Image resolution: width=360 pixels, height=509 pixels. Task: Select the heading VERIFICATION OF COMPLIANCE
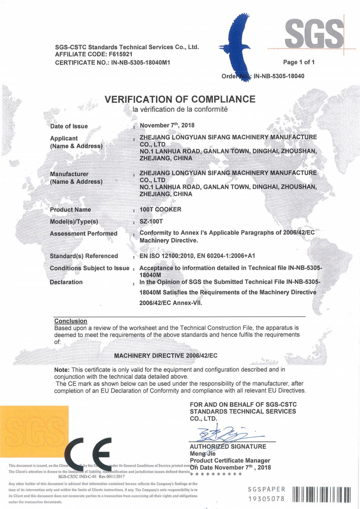click(x=180, y=99)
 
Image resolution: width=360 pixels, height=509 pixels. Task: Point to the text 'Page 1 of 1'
click(x=299, y=62)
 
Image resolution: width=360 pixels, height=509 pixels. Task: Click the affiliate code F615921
click(x=119, y=54)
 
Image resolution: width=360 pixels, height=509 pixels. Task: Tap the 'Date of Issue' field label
click(x=69, y=126)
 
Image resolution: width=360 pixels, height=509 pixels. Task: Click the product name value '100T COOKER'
click(x=160, y=209)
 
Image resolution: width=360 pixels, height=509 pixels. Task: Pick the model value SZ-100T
click(x=151, y=222)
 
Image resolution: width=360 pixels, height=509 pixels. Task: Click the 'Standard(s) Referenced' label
click(x=84, y=256)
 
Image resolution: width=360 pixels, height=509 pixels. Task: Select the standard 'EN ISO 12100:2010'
click(x=167, y=256)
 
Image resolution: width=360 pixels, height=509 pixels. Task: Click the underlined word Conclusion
click(x=71, y=321)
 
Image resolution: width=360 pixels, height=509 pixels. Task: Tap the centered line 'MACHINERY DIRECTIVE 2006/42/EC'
click(x=166, y=356)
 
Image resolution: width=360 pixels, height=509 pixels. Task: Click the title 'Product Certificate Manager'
click(x=230, y=460)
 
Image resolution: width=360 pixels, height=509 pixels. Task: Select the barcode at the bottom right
click(x=321, y=494)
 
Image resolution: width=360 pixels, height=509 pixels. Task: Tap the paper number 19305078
click(x=266, y=499)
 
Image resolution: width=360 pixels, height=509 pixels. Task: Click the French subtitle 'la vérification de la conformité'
click(x=180, y=109)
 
